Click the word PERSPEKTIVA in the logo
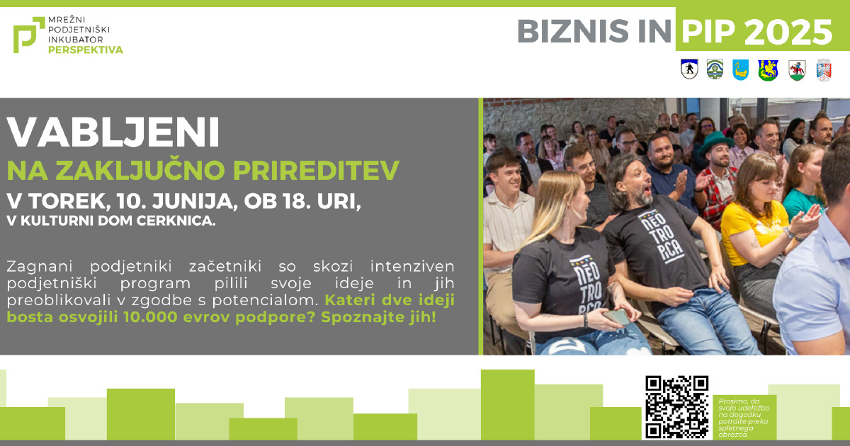click(x=86, y=50)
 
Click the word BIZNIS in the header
click(x=573, y=31)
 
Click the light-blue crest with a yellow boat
click(x=740, y=69)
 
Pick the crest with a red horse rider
click(x=797, y=70)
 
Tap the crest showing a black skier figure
click(x=689, y=69)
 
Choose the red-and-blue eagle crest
click(x=824, y=70)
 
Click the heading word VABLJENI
click(x=113, y=132)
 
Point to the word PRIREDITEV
click(x=316, y=171)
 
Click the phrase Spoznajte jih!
click(x=379, y=317)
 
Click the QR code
click(x=677, y=407)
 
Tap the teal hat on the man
click(x=715, y=141)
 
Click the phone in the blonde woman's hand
click(x=617, y=317)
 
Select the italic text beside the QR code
click(x=744, y=418)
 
